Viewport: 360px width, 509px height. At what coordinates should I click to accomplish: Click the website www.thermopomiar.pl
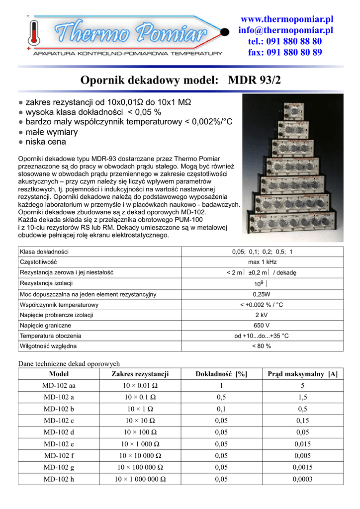287,19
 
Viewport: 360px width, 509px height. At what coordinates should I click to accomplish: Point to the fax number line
285,52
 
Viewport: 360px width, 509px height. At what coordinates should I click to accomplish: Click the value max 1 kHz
262,261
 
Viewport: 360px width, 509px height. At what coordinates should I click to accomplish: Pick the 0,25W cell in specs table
262,294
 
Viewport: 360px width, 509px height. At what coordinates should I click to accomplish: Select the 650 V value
262,325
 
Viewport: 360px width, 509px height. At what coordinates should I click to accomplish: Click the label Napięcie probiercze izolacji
56,315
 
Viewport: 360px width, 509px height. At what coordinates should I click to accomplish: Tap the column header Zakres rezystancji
141,374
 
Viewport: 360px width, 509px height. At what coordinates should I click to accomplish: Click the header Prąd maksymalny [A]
302,374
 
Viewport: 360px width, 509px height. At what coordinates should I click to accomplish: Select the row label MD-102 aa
59,386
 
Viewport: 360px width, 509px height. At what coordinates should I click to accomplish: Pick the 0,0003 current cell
302,479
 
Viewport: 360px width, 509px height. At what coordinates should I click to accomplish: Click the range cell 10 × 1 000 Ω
141,444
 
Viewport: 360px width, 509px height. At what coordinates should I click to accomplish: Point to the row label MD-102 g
59,467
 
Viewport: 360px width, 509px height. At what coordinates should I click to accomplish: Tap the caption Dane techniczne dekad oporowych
69,364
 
